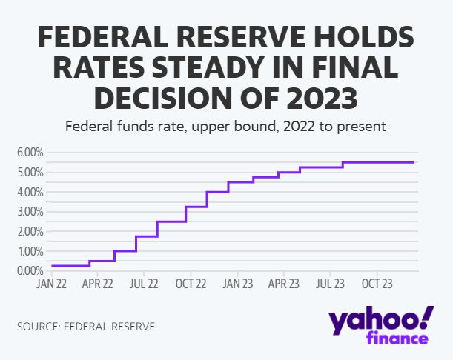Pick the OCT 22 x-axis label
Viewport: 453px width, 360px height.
click(191, 283)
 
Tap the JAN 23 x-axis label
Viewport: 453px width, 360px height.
click(237, 283)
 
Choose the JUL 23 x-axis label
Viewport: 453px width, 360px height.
click(330, 283)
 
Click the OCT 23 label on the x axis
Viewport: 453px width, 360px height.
click(377, 283)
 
